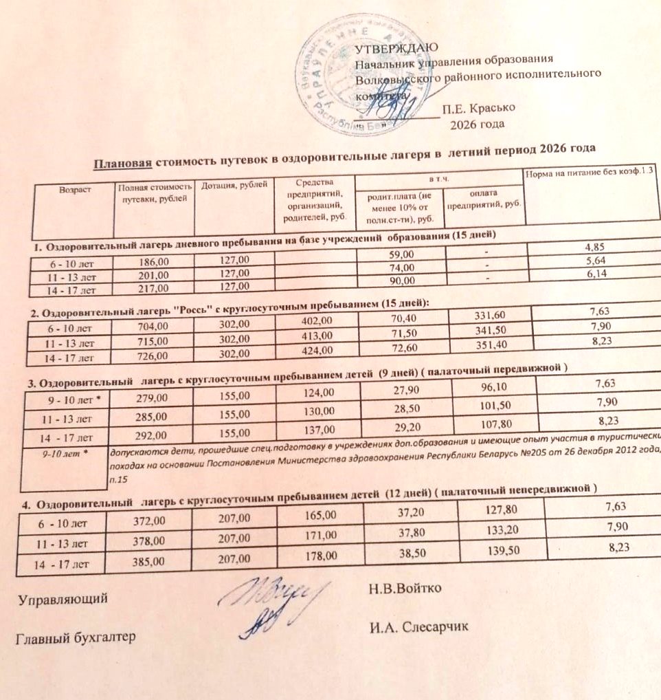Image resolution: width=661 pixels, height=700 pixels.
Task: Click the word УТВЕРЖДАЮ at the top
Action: [x=392, y=48]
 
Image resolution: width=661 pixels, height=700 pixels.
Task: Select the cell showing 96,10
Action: [x=489, y=386]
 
